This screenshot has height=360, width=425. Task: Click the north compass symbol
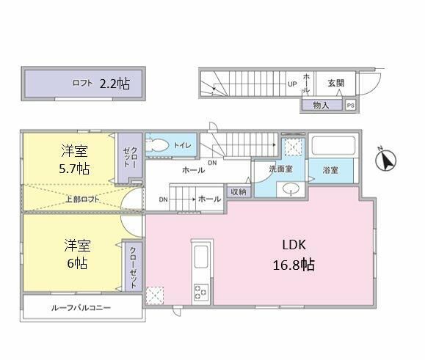coord(385,159)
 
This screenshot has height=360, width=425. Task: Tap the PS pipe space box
coord(350,106)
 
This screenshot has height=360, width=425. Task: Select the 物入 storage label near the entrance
coord(321,105)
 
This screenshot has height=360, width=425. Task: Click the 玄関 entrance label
coord(336,83)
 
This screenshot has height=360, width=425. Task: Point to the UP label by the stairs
coord(292,84)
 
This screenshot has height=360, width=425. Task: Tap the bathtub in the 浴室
coord(334,146)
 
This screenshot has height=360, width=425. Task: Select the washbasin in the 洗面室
coord(290,188)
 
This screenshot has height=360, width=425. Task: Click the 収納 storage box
coord(239,191)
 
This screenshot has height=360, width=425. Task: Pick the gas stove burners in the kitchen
coord(201,293)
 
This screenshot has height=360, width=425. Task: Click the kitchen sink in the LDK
coord(201,257)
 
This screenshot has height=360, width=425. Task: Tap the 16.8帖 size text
coord(294,265)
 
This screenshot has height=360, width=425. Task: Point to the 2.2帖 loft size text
coord(115,84)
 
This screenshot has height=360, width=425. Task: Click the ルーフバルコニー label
coord(81,307)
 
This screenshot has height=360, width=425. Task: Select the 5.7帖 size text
coord(74,169)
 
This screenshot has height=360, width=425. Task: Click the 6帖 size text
coord(77,262)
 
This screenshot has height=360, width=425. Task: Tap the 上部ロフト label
coord(82,199)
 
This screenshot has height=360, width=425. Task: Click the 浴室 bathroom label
coord(330,170)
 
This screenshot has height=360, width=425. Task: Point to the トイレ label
coord(183,145)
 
